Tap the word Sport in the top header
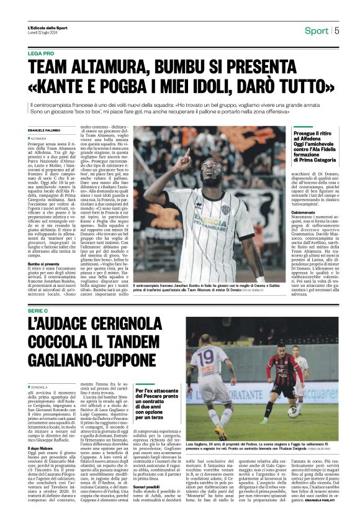(x=316, y=30)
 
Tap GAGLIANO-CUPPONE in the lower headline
(x=91, y=360)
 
